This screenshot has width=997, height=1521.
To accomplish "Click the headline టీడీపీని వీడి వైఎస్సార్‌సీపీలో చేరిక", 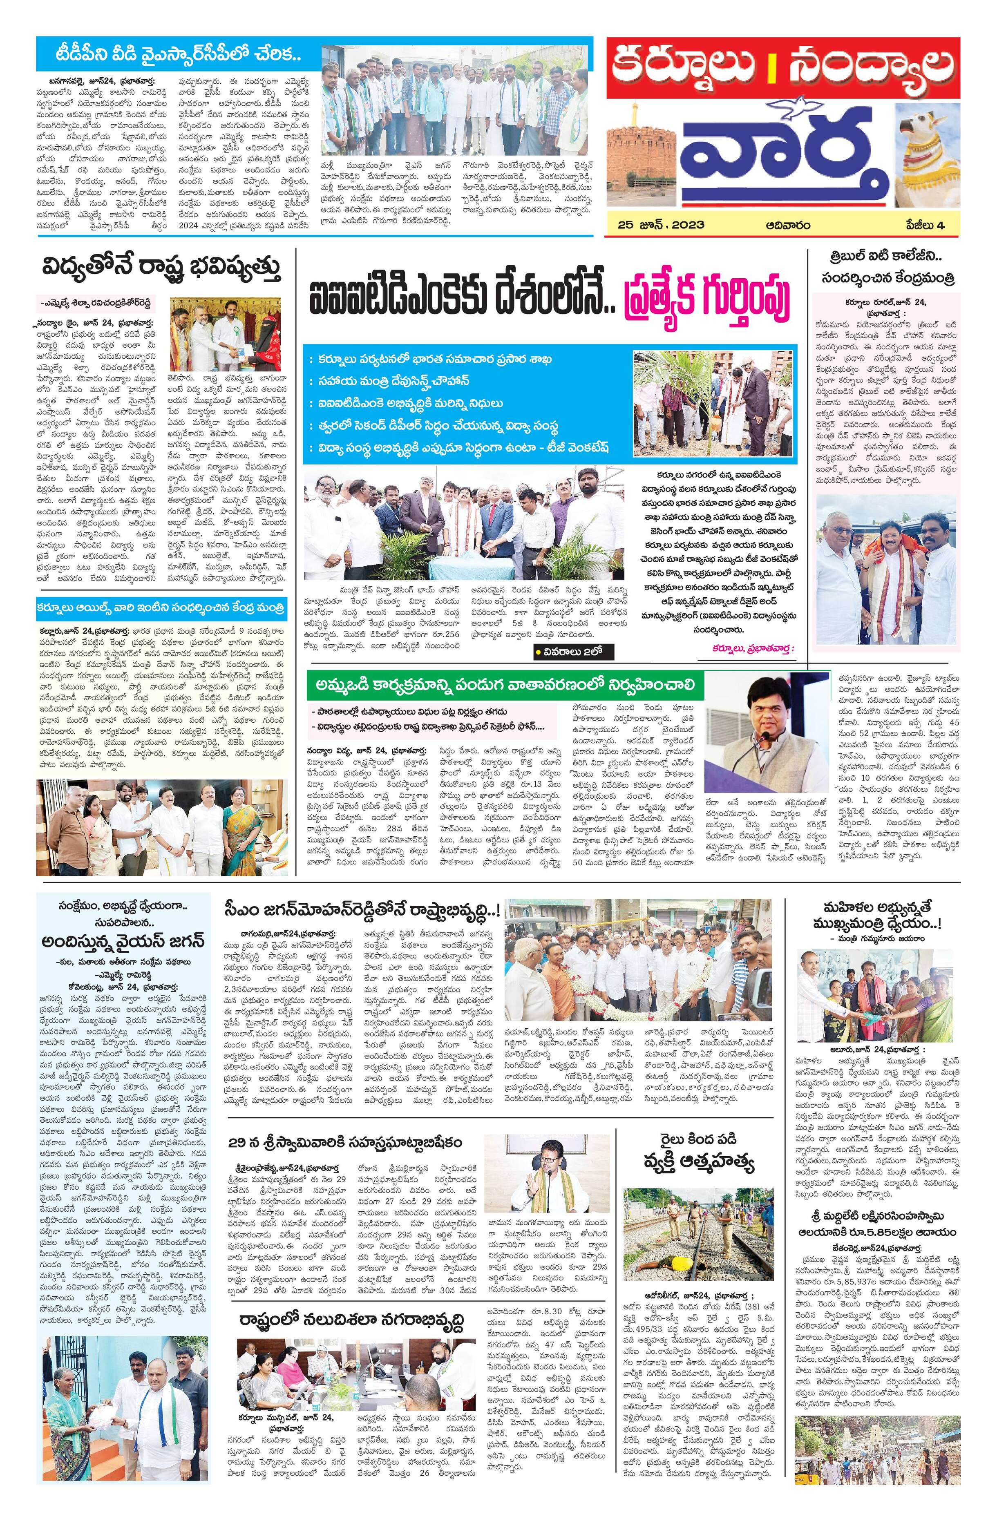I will coord(169,56).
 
